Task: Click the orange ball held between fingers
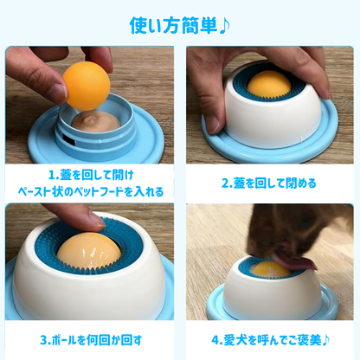(87, 86)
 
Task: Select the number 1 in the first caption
(51, 174)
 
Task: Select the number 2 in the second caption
(226, 183)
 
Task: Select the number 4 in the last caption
(215, 338)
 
